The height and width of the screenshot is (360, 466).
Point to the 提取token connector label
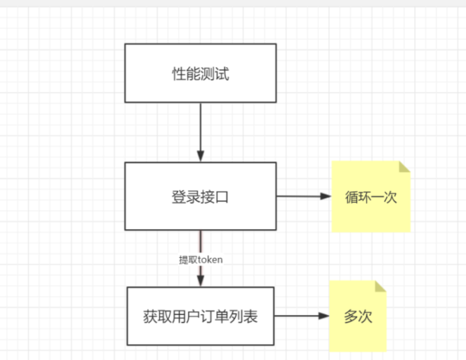200,260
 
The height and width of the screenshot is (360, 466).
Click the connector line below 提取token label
201,276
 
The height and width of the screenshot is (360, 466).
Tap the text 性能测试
200,74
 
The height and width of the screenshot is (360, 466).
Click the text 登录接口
200,196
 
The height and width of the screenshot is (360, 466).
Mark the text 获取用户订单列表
200,317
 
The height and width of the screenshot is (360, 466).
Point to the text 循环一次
371,196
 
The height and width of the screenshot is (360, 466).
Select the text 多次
358,317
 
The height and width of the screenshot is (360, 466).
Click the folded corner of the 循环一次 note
404,167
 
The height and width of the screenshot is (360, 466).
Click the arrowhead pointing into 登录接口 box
200,156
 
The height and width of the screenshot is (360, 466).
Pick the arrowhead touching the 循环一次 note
327,196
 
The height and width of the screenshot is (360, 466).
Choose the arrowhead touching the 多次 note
324,317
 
